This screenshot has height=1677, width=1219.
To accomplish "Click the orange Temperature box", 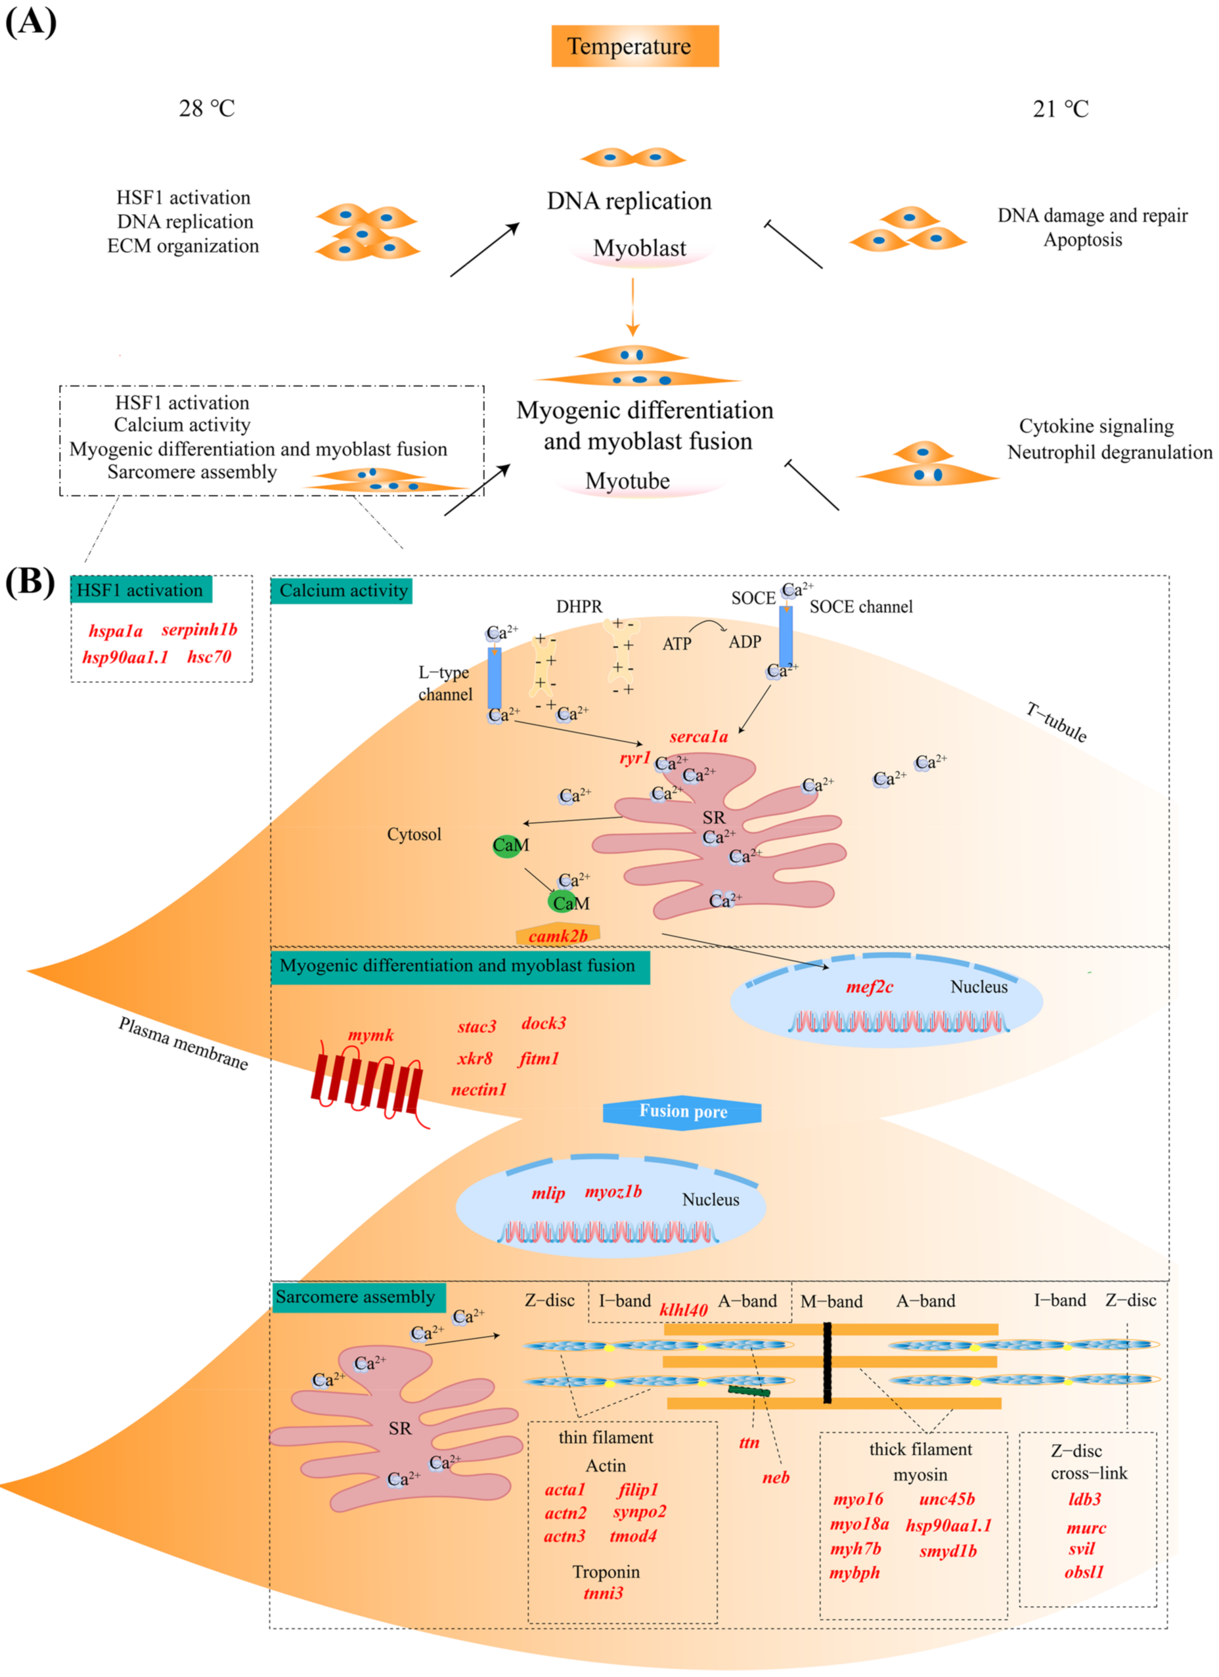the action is pyautogui.click(x=635, y=46).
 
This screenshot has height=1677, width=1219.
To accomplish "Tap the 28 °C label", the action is pyautogui.click(x=207, y=109).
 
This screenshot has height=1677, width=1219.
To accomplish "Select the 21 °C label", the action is pyautogui.click(x=1061, y=109).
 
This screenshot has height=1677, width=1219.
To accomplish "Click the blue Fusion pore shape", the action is pyautogui.click(x=682, y=1111).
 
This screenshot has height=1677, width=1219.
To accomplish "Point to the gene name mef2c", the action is pyautogui.click(x=870, y=987).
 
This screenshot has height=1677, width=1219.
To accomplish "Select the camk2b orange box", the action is pyautogui.click(x=558, y=935).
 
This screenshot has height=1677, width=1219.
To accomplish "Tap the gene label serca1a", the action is pyautogui.click(x=698, y=736).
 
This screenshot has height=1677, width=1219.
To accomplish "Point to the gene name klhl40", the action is pyautogui.click(x=684, y=1310).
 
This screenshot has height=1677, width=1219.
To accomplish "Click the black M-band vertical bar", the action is pyautogui.click(x=827, y=1363).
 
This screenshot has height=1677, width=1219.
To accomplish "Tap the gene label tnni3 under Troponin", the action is pyautogui.click(x=604, y=1593).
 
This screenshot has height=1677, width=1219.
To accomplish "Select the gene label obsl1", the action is pyautogui.click(x=1084, y=1573).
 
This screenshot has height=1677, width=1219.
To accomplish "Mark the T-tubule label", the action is pyautogui.click(x=1056, y=722).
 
